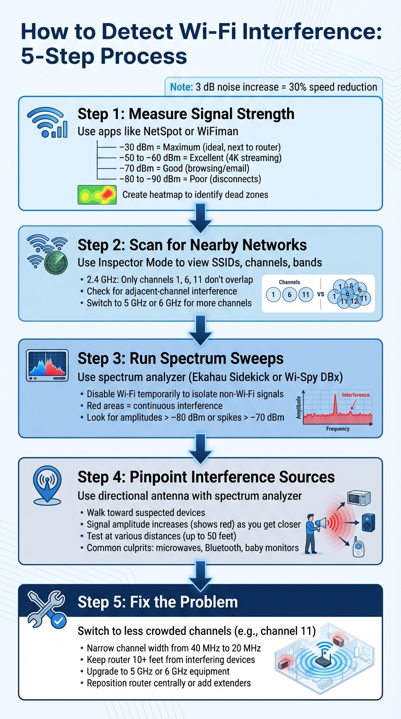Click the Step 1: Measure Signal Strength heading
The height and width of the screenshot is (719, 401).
(x=186, y=114)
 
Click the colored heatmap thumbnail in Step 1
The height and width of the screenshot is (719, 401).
(x=97, y=194)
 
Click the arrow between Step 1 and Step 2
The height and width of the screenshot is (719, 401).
(x=200, y=218)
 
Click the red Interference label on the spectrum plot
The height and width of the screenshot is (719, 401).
(x=356, y=395)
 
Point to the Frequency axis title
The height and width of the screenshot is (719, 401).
(x=338, y=429)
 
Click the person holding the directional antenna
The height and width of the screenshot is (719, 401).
(x=312, y=532)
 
